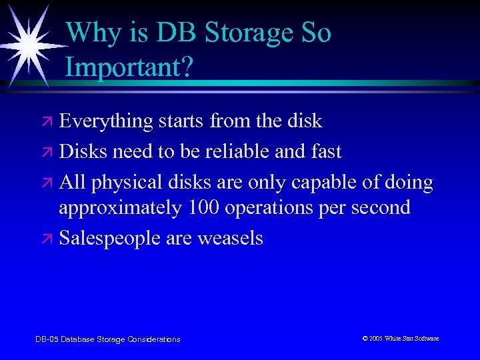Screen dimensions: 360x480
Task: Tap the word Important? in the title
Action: click(129, 68)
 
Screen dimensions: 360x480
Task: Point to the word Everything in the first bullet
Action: click(106, 121)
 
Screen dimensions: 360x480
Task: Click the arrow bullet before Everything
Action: click(48, 122)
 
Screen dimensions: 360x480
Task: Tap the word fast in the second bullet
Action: click(325, 151)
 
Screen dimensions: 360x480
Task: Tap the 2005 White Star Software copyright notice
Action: click(400, 339)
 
